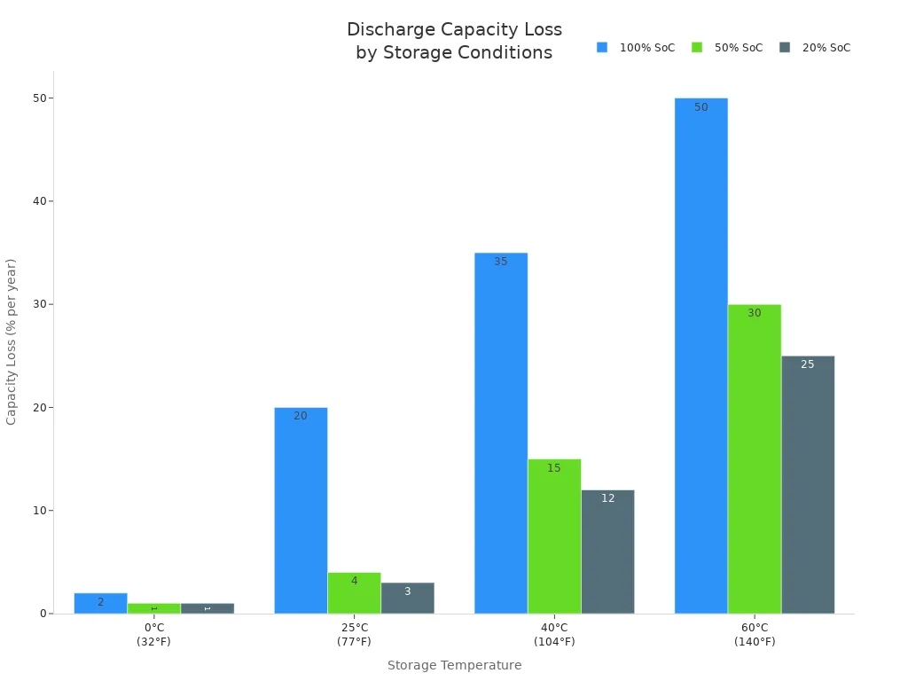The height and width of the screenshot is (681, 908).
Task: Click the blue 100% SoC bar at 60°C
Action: point(701,355)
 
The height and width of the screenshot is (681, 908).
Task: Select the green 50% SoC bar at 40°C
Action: point(554,536)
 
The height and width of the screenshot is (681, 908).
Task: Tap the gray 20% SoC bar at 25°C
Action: point(407,598)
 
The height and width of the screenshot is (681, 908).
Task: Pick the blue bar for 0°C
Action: point(100,603)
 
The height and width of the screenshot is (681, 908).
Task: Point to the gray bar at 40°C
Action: point(607,552)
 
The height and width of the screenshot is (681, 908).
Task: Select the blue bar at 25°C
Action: point(301,510)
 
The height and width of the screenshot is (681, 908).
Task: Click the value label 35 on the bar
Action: point(501,262)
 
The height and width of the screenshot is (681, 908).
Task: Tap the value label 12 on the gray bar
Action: point(607,498)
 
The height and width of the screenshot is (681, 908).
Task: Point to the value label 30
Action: point(754,313)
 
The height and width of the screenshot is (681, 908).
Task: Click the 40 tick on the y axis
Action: point(40,201)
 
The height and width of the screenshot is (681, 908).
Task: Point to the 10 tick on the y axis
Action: point(40,511)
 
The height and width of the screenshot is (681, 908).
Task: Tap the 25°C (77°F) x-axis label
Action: point(354,634)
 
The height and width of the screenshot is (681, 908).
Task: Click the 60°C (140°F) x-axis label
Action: point(755,634)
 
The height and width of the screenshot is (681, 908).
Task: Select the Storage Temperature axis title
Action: point(454,665)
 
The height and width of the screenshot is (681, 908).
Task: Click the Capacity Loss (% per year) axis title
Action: point(12,341)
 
